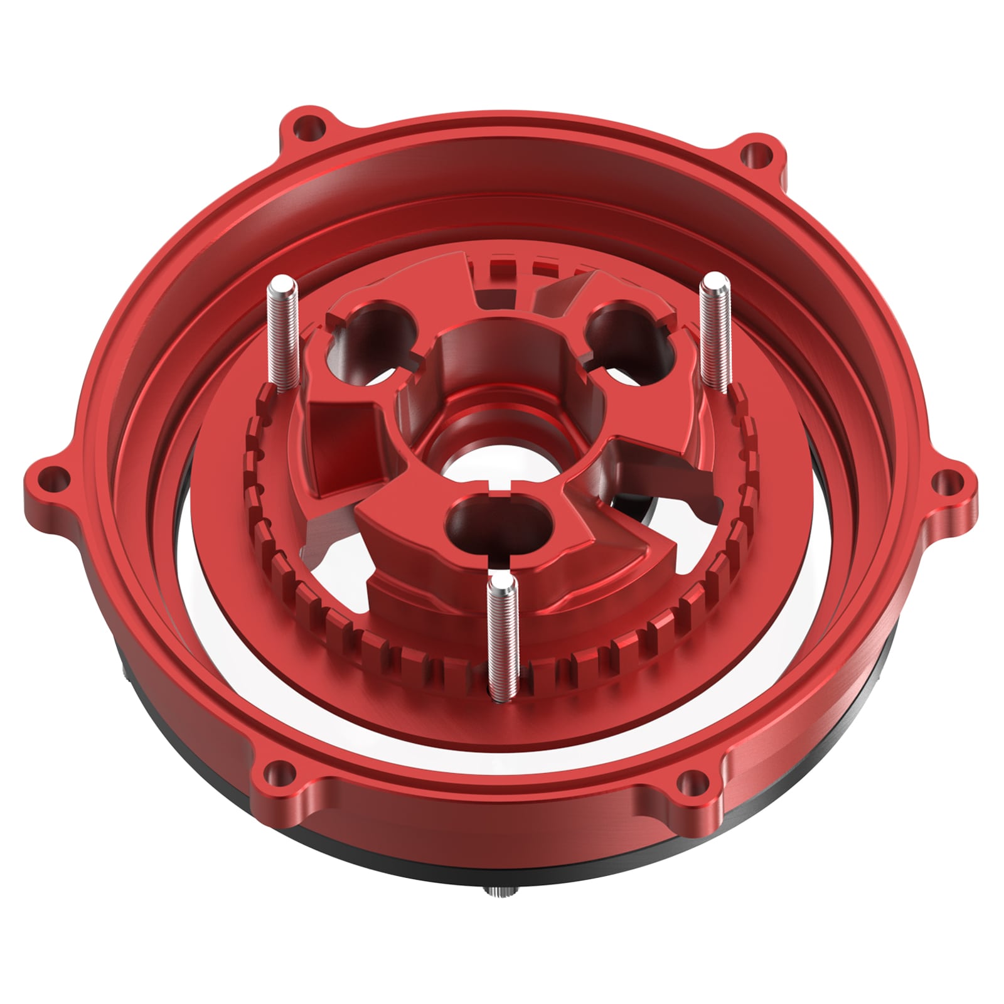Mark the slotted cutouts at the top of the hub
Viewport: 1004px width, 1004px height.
(x=515, y=270)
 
